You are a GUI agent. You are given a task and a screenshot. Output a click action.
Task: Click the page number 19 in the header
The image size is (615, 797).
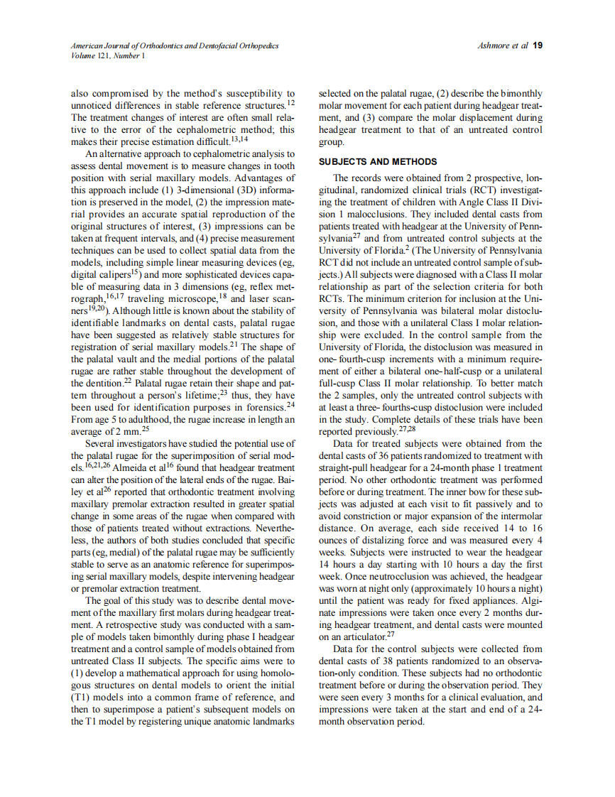(538, 45)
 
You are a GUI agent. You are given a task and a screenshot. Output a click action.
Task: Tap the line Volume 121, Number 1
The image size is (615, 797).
(108, 55)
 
